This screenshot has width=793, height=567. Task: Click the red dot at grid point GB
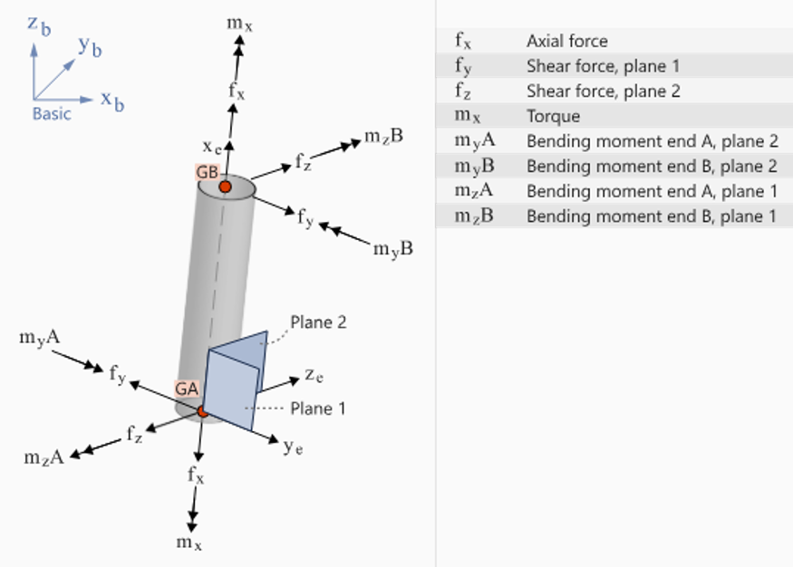coord(225,187)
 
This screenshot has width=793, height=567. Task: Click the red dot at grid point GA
coord(203,411)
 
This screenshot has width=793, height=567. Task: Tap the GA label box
coord(187,389)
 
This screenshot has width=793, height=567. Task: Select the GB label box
coord(208,172)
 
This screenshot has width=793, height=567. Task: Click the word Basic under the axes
coord(52,114)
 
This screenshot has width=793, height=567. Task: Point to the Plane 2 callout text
coord(318,322)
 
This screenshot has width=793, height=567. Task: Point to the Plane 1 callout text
coord(318,408)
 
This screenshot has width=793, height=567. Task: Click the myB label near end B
coord(393,249)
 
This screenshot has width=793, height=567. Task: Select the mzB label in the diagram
coord(383,136)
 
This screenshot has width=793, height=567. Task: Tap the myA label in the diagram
coord(40,338)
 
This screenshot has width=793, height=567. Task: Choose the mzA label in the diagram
coord(44,457)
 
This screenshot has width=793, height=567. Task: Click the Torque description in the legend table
coord(553,116)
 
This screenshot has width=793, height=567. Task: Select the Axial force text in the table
coord(567,41)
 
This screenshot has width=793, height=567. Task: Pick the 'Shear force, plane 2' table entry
coord(604,91)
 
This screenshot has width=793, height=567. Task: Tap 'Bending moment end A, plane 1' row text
coord(652,191)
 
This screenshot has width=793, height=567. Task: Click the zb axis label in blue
coord(39,25)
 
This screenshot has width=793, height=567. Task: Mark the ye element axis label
coord(294,447)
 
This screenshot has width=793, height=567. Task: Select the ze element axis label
coord(314,376)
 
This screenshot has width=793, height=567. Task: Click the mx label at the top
coord(239,24)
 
